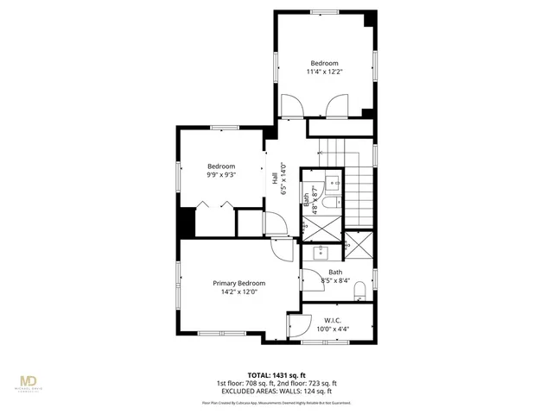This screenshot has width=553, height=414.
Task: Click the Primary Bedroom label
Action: [x=239, y=283]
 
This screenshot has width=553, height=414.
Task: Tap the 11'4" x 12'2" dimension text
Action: [x=324, y=72]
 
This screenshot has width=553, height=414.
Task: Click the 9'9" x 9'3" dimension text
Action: [x=221, y=175]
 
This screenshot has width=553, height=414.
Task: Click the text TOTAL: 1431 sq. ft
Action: [x=276, y=375]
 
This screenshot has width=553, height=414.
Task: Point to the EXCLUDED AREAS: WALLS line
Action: [x=276, y=391]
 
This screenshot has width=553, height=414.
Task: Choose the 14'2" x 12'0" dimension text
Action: [x=239, y=292]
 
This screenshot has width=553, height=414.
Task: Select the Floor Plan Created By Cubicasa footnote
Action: [x=276, y=402]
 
